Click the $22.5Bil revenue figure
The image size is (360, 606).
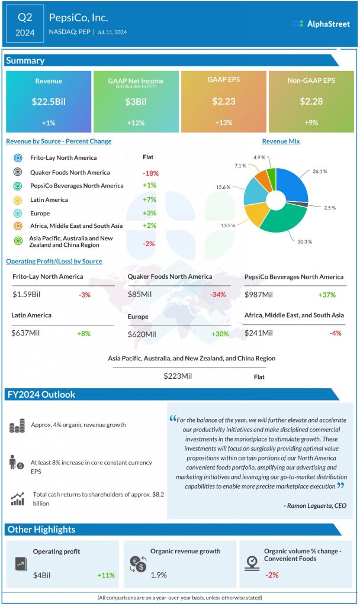[49, 102]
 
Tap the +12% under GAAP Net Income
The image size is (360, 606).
[136, 123]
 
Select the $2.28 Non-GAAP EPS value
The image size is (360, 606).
[311, 102]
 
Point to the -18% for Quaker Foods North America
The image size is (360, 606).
[150, 173]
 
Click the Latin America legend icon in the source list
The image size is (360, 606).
[18, 200]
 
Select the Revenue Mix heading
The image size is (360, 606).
[281, 141]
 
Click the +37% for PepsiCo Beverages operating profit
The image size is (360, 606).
[327, 295]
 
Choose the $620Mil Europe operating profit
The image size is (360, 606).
[142, 334]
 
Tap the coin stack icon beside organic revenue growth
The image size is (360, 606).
[18, 425]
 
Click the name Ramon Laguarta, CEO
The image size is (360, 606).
[315, 506]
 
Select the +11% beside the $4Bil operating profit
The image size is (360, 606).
[107, 575]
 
